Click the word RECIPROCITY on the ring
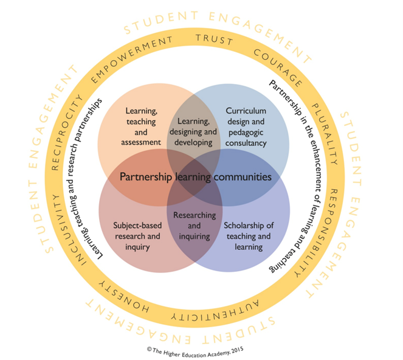click(x=69, y=122)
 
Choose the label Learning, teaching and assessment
click(x=142, y=126)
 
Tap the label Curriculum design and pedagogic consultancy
click(x=246, y=127)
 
